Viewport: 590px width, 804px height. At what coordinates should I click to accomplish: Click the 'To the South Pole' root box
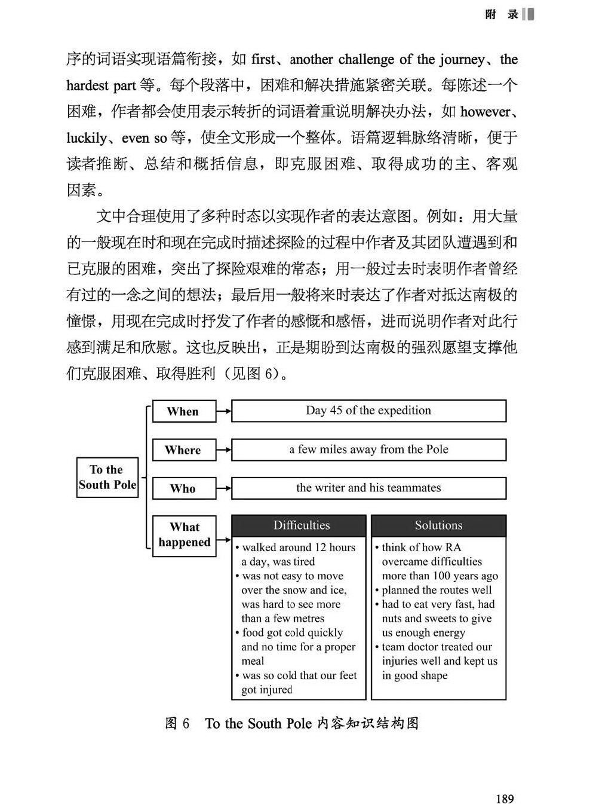[x=107, y=477]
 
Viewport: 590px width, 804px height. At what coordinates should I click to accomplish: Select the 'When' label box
[x=183, y=411]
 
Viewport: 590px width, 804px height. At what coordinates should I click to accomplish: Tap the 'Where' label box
[x=183, y=450]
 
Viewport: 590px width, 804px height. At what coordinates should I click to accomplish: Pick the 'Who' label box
[x=183, y=488]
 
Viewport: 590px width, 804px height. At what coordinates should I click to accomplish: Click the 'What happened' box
[x=184, y=534]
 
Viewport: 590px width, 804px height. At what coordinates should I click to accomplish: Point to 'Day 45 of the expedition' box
[x=368, y=411]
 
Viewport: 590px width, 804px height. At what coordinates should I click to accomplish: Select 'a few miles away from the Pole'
[x=368, y=450]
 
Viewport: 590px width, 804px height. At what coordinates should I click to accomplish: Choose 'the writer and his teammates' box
[x=368, y=488]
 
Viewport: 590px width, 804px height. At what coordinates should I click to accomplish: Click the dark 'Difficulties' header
[x=299, y=525]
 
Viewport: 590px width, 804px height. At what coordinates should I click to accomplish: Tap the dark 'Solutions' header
[x=438, y=525]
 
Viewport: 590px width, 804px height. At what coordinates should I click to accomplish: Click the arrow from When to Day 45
[x=223, y=411]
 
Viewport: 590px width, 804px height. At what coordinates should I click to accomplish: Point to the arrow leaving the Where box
[x=223, y=450]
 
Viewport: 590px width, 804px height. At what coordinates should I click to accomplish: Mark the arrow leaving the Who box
[x=223, y=488]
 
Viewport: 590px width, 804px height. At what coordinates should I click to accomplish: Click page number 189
[x=505, y=798]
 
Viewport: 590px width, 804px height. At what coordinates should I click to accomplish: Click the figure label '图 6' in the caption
[x=177, y=723]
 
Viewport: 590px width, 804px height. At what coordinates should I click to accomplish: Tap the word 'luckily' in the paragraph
[x=86, y=138]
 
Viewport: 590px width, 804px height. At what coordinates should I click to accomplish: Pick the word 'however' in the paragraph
[x=485, y=112]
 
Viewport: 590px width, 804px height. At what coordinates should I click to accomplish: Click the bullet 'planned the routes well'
[x=436, y=590]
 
